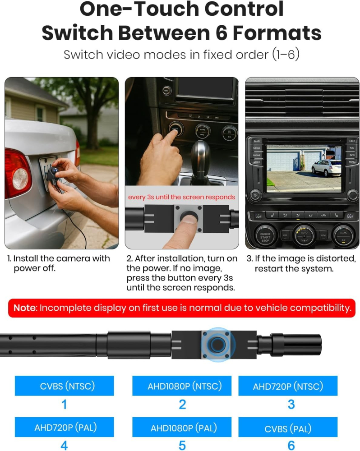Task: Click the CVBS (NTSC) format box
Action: [64, 386]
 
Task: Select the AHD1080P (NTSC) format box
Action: [182, 386]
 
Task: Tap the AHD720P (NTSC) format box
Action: [288, 386]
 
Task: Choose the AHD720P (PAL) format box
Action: [64, 427]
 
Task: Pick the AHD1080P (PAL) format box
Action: [182, 427]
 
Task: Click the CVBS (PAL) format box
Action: [288, 427]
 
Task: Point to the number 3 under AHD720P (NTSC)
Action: [291, 404]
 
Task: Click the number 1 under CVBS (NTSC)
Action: [64, 404]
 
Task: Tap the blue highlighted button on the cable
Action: [218, 344]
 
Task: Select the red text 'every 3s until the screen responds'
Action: [181, 197]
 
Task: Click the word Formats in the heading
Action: [277, 33]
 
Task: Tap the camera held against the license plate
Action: [53, 174]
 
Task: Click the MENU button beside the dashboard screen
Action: [352, 162]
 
